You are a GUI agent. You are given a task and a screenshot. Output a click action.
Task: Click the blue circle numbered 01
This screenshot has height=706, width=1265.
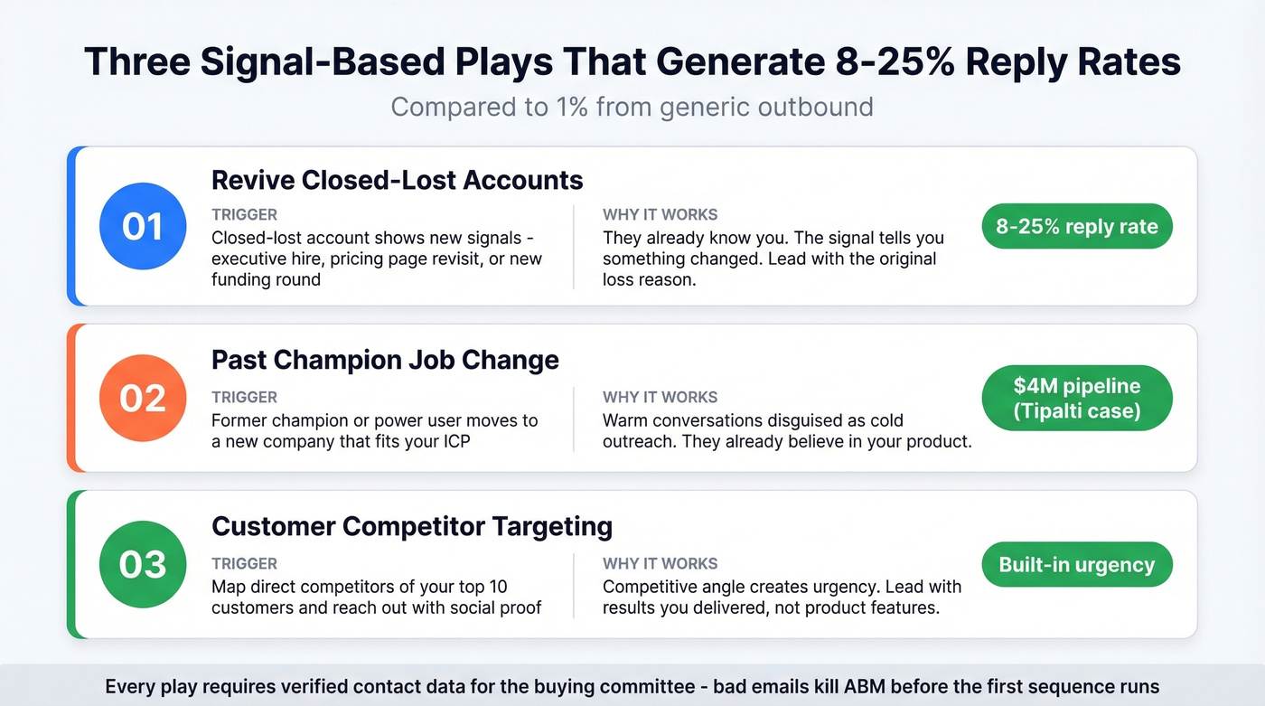pos(143,226)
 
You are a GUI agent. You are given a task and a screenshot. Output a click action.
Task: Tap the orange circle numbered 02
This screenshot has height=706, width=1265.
pos(143,398)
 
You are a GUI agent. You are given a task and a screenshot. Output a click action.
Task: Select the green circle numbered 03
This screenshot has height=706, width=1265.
pos(143,564)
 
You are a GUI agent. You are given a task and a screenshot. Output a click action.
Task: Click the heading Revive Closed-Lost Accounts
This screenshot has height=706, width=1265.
pos(397,180)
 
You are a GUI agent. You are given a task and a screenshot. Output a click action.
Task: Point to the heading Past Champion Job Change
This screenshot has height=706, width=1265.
pos(385,360)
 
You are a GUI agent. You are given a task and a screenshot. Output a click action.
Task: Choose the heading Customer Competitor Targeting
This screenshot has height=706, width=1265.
pos(411,526)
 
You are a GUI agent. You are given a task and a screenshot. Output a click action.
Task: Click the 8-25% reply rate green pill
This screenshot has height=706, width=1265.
pos(1076,227)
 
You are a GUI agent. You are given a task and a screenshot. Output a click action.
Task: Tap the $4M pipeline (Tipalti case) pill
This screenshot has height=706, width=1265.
pos(1076,399)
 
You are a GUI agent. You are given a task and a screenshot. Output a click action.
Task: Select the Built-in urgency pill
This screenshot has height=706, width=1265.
pos(1076,565)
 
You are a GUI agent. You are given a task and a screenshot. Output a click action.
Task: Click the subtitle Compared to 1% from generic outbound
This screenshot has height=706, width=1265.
pos(632,107)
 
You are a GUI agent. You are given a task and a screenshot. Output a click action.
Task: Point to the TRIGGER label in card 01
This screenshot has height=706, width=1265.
pos(244,215)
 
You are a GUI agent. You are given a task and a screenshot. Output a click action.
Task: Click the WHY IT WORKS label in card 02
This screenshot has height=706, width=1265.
pos(660,397)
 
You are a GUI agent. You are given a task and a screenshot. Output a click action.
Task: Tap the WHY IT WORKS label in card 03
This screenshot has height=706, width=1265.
pos(660,563)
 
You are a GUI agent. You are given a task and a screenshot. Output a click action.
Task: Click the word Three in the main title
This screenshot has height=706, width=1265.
pos(137,61)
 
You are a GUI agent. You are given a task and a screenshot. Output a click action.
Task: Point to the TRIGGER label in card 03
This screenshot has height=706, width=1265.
pos(244,563)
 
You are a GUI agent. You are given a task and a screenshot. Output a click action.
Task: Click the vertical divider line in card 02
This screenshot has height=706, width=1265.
pos(574,419)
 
